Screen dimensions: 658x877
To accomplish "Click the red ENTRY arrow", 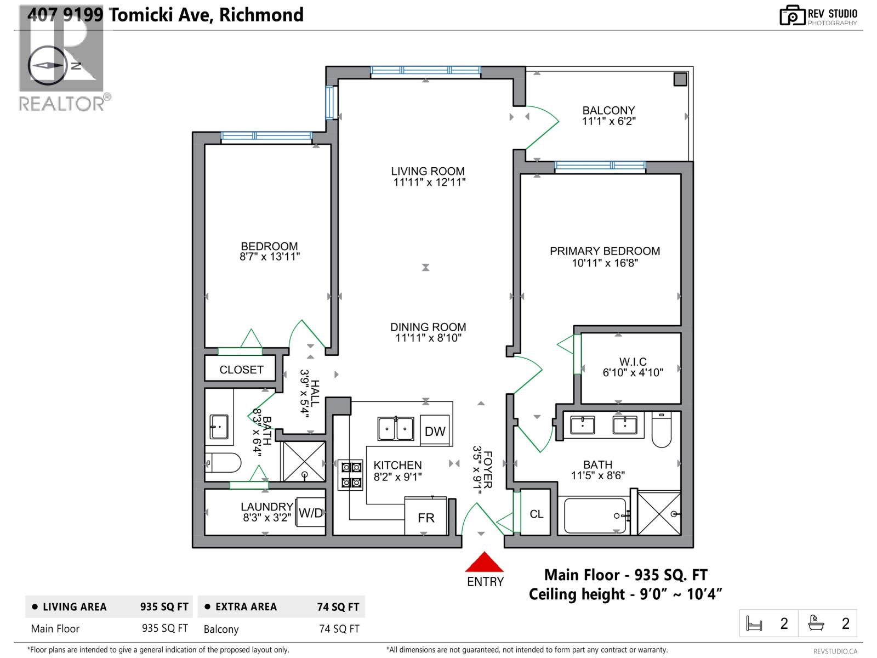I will pos(485,563).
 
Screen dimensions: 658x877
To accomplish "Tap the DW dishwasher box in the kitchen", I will pos(435,431).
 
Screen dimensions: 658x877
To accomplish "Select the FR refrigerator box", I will pos(426,517).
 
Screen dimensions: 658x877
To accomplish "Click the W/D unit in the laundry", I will pos(311,513).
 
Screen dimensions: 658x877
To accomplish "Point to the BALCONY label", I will pos(608,110).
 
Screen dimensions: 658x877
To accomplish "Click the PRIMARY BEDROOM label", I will pos(605,251).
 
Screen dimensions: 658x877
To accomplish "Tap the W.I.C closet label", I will pos(633,362).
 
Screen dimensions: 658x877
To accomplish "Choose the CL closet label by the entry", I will pos(537,514).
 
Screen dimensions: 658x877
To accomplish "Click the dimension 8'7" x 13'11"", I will pos(269,257).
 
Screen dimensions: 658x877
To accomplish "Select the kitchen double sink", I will pos(396,428).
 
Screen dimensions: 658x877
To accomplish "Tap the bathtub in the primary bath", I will pos(595,515).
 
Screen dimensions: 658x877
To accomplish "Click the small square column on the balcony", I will pos(680,80).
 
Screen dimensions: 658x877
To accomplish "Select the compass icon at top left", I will pos(47,65).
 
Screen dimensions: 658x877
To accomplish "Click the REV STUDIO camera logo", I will pos(792,16).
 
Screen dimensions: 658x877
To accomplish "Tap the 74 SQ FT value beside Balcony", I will pos(339,629).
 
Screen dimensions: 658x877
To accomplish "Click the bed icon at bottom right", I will pos(754,623).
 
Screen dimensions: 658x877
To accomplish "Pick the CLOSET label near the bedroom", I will pos(241,370).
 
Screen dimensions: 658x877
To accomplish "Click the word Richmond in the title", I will pos(261,15).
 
